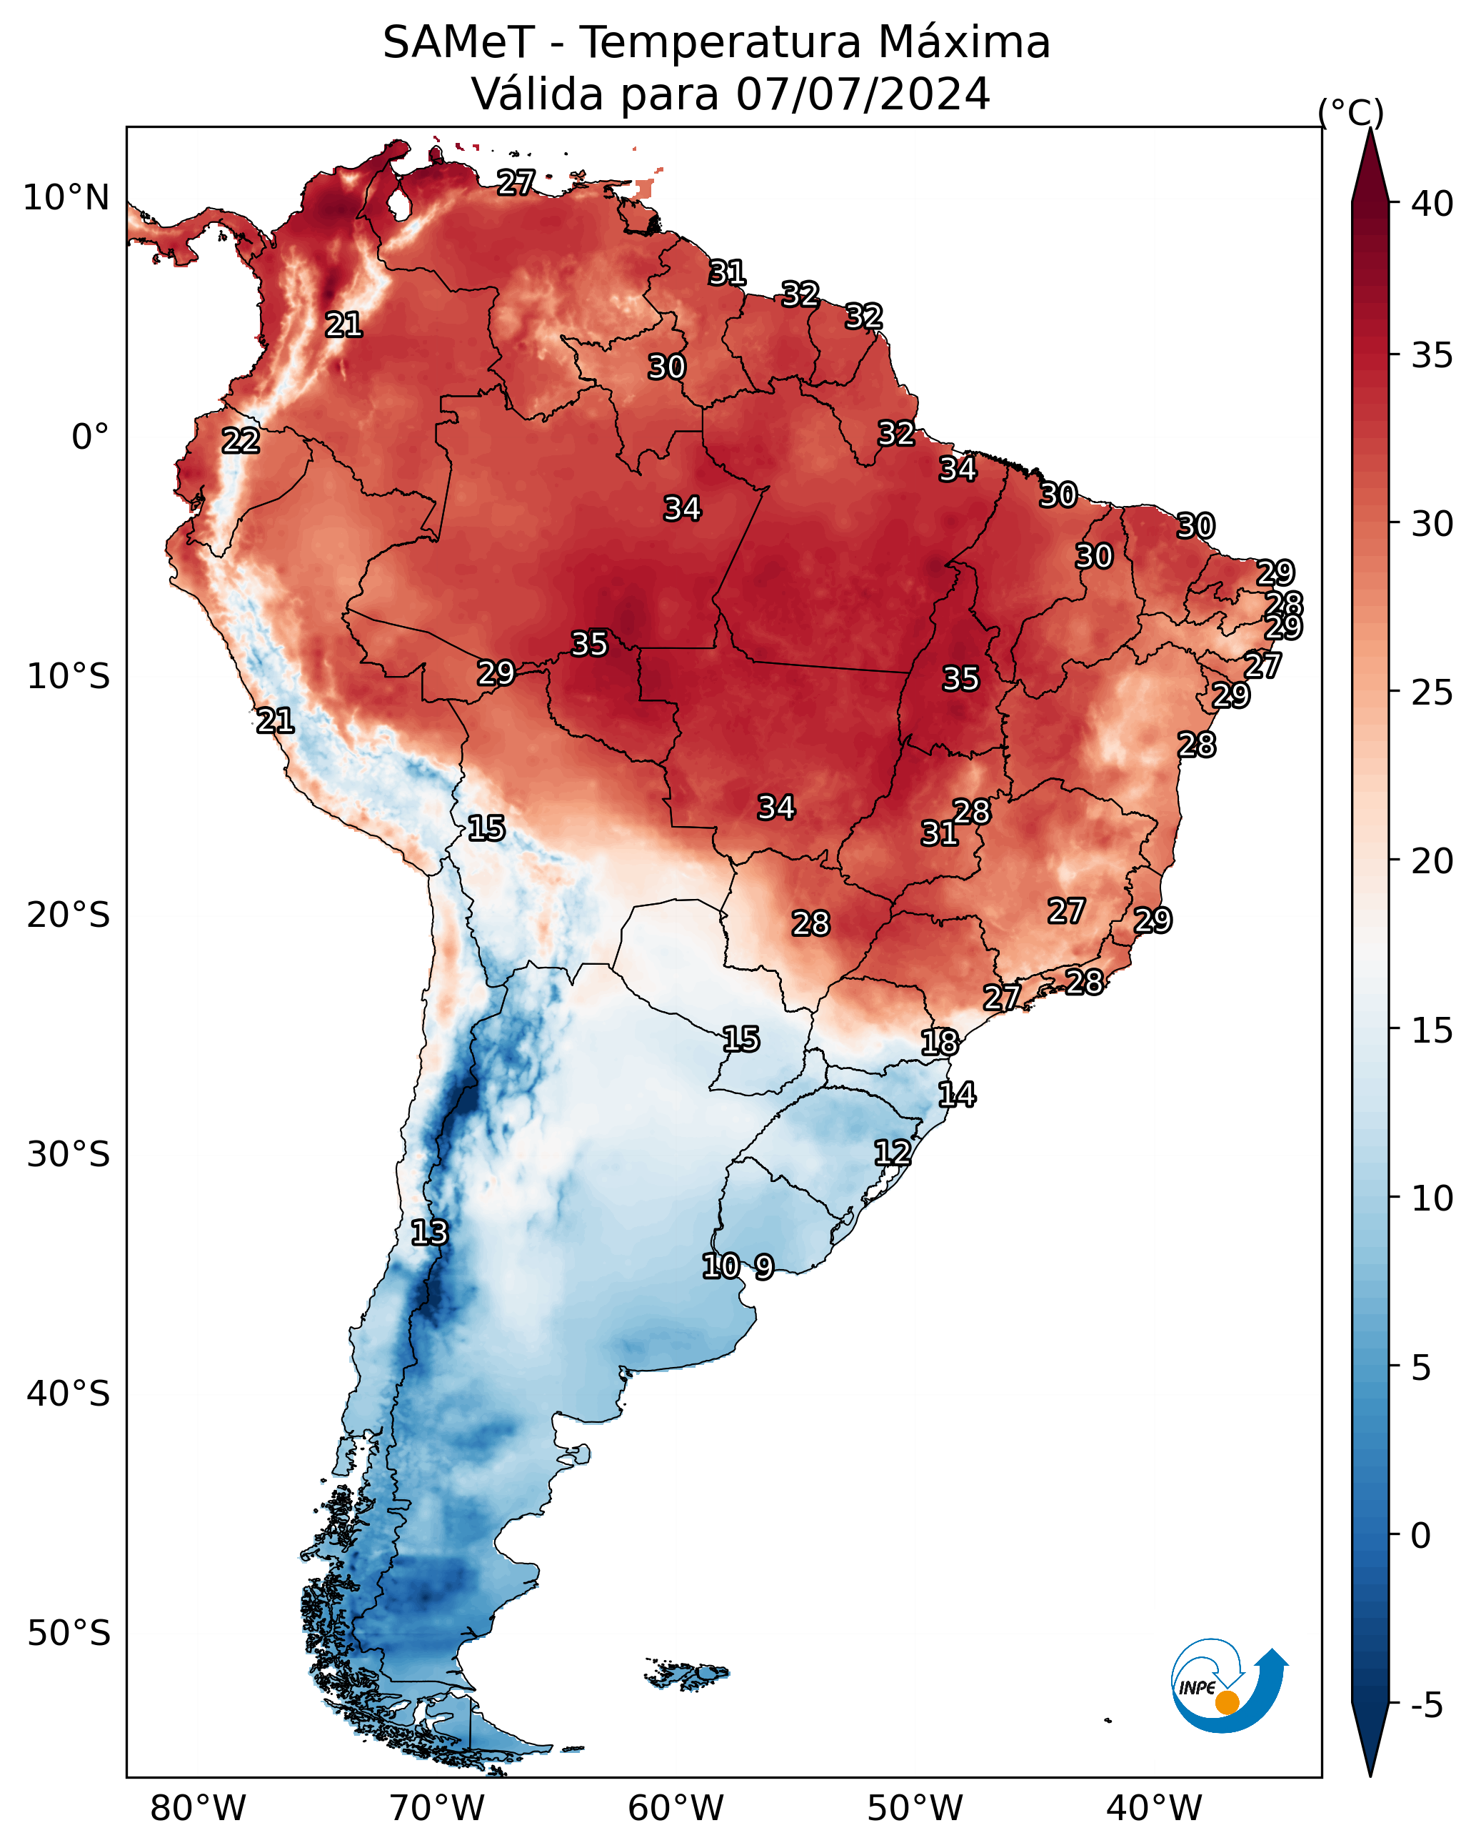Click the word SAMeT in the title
click(x=458, y=43)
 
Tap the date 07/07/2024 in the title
click(x=863, y=94)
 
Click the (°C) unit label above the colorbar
click(x=1351, y=112)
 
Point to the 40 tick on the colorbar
click(x=1432, y=204)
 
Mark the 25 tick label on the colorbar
click(x=1432, y=692)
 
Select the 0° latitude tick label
click(x=91, y=437)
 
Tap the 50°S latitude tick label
click(x=69, y=1634)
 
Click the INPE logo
click(x=1230, y=1689)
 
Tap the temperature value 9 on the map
click(x=764, y=1266)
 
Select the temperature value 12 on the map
click(x=892, y=1152)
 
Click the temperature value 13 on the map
click(x=429, y=1233)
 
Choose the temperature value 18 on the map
click(x=940, y=1043)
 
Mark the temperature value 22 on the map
click(x=241, y=441)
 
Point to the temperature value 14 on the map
click(x=957, y=1095)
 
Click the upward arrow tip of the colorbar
click(x=1370, y=129)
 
